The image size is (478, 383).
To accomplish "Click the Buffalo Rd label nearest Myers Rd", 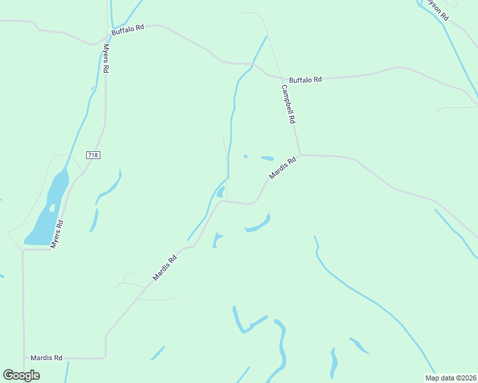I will pos(128,29).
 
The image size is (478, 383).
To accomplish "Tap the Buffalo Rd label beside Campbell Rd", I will pos(305,80).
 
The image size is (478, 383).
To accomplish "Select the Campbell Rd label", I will pos(288,105).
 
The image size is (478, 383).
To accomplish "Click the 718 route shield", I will pos(93,155).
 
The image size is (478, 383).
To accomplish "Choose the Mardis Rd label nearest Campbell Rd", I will pos(283,169).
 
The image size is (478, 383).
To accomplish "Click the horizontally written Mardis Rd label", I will pos(46,358).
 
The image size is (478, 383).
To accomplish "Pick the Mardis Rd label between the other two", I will pos(165,268).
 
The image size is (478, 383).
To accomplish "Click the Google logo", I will pos(21,375).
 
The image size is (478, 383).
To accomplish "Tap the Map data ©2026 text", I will pos(451,378).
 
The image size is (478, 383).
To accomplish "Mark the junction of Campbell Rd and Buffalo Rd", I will pos(281,78).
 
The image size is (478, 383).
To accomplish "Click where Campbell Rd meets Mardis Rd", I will pos(300,154).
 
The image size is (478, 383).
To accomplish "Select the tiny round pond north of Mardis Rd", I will pos(245,156).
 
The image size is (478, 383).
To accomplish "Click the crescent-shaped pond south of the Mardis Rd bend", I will pos(258,225).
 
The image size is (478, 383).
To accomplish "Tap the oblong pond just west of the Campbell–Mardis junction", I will pos(267,158).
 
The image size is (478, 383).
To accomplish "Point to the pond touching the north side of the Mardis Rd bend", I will pos(220,191).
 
